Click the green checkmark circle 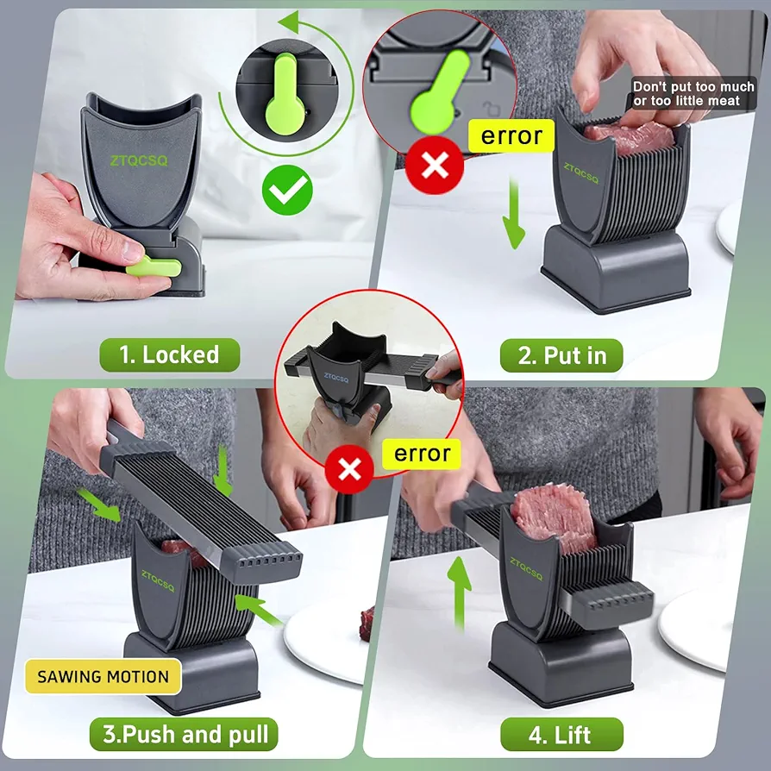[x=287, y=190]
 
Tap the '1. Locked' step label [x=170, y=354]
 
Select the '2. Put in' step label [x=561, y=355]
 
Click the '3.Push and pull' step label [x=184, y=734]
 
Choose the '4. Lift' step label [x=561, y=734]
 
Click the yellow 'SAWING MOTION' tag [x=103, y=677]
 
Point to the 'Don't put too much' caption [x=693, y=86]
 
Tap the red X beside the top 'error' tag [x=435, y=165]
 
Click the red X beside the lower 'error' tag [x=349, y=469]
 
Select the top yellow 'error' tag [x=511, y=135]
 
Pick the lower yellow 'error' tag [x=423, y=454]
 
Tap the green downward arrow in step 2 [x=514, y=215]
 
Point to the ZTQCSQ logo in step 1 [x=139, y=160]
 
